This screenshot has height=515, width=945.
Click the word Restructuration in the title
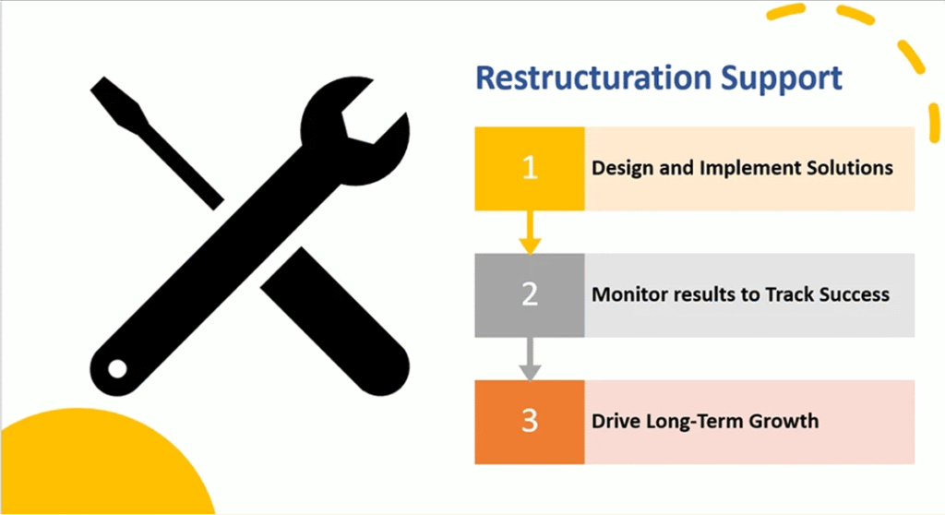pos(593,78)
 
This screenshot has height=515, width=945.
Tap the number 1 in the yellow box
pos(530,168)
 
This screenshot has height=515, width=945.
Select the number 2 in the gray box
pos(530,294)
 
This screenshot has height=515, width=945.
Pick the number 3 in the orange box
pos(530,421)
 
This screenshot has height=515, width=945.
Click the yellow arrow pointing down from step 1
pos(530,233)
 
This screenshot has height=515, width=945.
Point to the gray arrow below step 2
pos(530,359)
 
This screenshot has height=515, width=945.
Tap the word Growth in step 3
pos(784,421)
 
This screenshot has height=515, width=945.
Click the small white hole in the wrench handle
pos(117,368)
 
